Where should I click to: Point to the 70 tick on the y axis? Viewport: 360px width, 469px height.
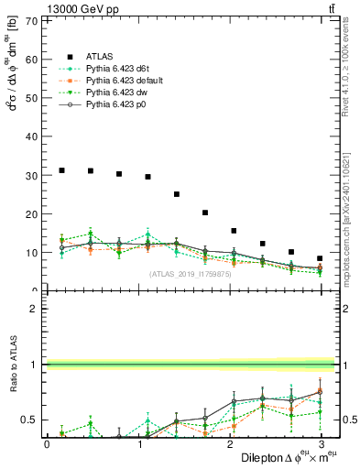[31, 20]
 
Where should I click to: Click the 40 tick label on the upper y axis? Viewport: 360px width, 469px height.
[31, 136]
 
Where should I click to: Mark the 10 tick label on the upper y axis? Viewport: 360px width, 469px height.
[31, 253]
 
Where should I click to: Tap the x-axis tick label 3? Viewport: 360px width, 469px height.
[322, 444]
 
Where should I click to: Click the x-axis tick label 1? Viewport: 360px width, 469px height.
[138, 444]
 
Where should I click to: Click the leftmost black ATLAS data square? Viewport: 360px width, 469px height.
[61, 170]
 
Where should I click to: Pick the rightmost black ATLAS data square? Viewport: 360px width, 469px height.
[320, 258]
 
